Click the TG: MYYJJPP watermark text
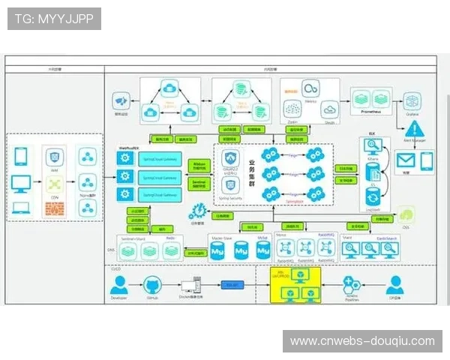click(x=54, y=19)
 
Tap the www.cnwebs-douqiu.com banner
click(x=362, y=341)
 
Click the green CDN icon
click(x=54, y=183)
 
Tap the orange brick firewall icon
click(x=54, y=208)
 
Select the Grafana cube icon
click(x=411, y=100)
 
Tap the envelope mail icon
click(x=406, y=160)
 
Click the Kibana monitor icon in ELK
click(x=370, y=148)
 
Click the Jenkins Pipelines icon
click(x=352, y=285)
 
